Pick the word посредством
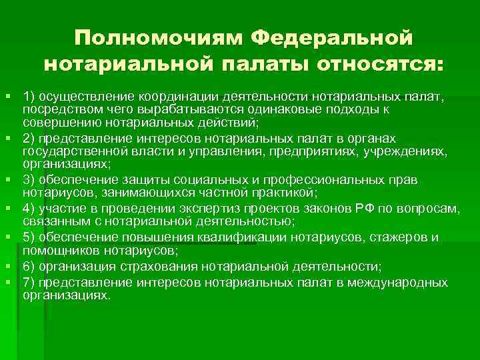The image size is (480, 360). (54, 109)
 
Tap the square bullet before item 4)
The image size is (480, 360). (8, 209)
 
